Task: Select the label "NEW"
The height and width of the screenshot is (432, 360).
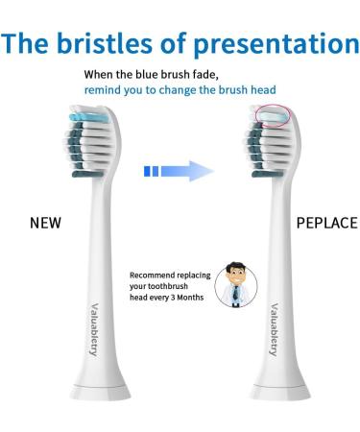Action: tap(44, 223)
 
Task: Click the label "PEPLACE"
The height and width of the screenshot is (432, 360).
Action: tap(326, 223)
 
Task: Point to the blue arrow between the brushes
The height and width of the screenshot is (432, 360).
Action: tap(178, 171)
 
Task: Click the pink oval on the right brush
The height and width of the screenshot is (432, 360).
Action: tap(269, 115)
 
